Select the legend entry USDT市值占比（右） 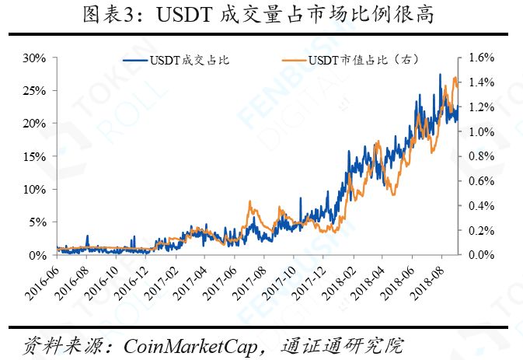pyautogui.click(x=358, y=61)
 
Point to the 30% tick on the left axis pyautogui.click(x=35, y=58)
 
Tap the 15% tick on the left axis pyautogui.click(x=35, y=156)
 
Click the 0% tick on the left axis pyautogui.click(x=38, y=255)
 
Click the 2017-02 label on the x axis pyautogui.click(x=162, y=285)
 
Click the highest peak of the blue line pyautogui.click(x=441, y=75)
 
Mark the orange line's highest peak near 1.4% pyautogui.click(x=455, y=78)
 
